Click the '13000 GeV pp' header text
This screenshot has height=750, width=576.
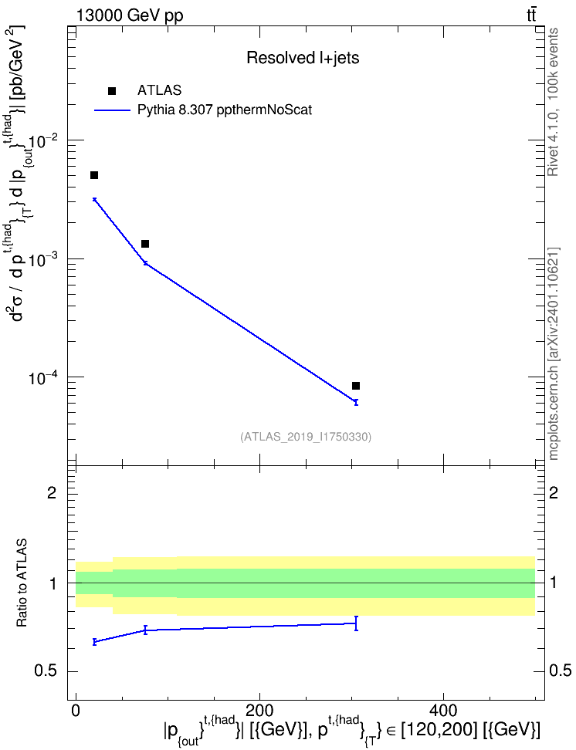(129, 15)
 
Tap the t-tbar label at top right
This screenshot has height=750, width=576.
(531, 15)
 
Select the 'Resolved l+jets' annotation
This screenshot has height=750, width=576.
(303, 58)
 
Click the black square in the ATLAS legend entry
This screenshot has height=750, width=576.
(112, 91)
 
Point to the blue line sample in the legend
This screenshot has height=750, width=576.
(112, 110)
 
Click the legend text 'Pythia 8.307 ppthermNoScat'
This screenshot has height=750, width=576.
(225, 110)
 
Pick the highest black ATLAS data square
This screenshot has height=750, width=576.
(94, 175)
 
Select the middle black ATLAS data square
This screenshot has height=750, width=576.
(145, 244)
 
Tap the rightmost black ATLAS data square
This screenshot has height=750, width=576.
(356, 386)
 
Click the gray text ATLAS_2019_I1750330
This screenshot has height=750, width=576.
(306, 436)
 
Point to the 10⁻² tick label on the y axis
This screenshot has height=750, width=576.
(42, 140)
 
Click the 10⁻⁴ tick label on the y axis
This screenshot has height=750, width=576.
(42, 377)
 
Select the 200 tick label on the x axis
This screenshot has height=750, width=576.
(259, 710)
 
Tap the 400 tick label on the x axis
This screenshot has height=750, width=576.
(443, 710)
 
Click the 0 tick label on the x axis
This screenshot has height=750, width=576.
(76, 710)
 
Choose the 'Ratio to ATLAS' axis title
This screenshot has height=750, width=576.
(22, 583)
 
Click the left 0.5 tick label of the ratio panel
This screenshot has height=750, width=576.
(46, 671)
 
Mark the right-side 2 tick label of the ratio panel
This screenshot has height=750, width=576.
(554, 492)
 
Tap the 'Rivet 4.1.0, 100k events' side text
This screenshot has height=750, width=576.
(553, 102)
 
